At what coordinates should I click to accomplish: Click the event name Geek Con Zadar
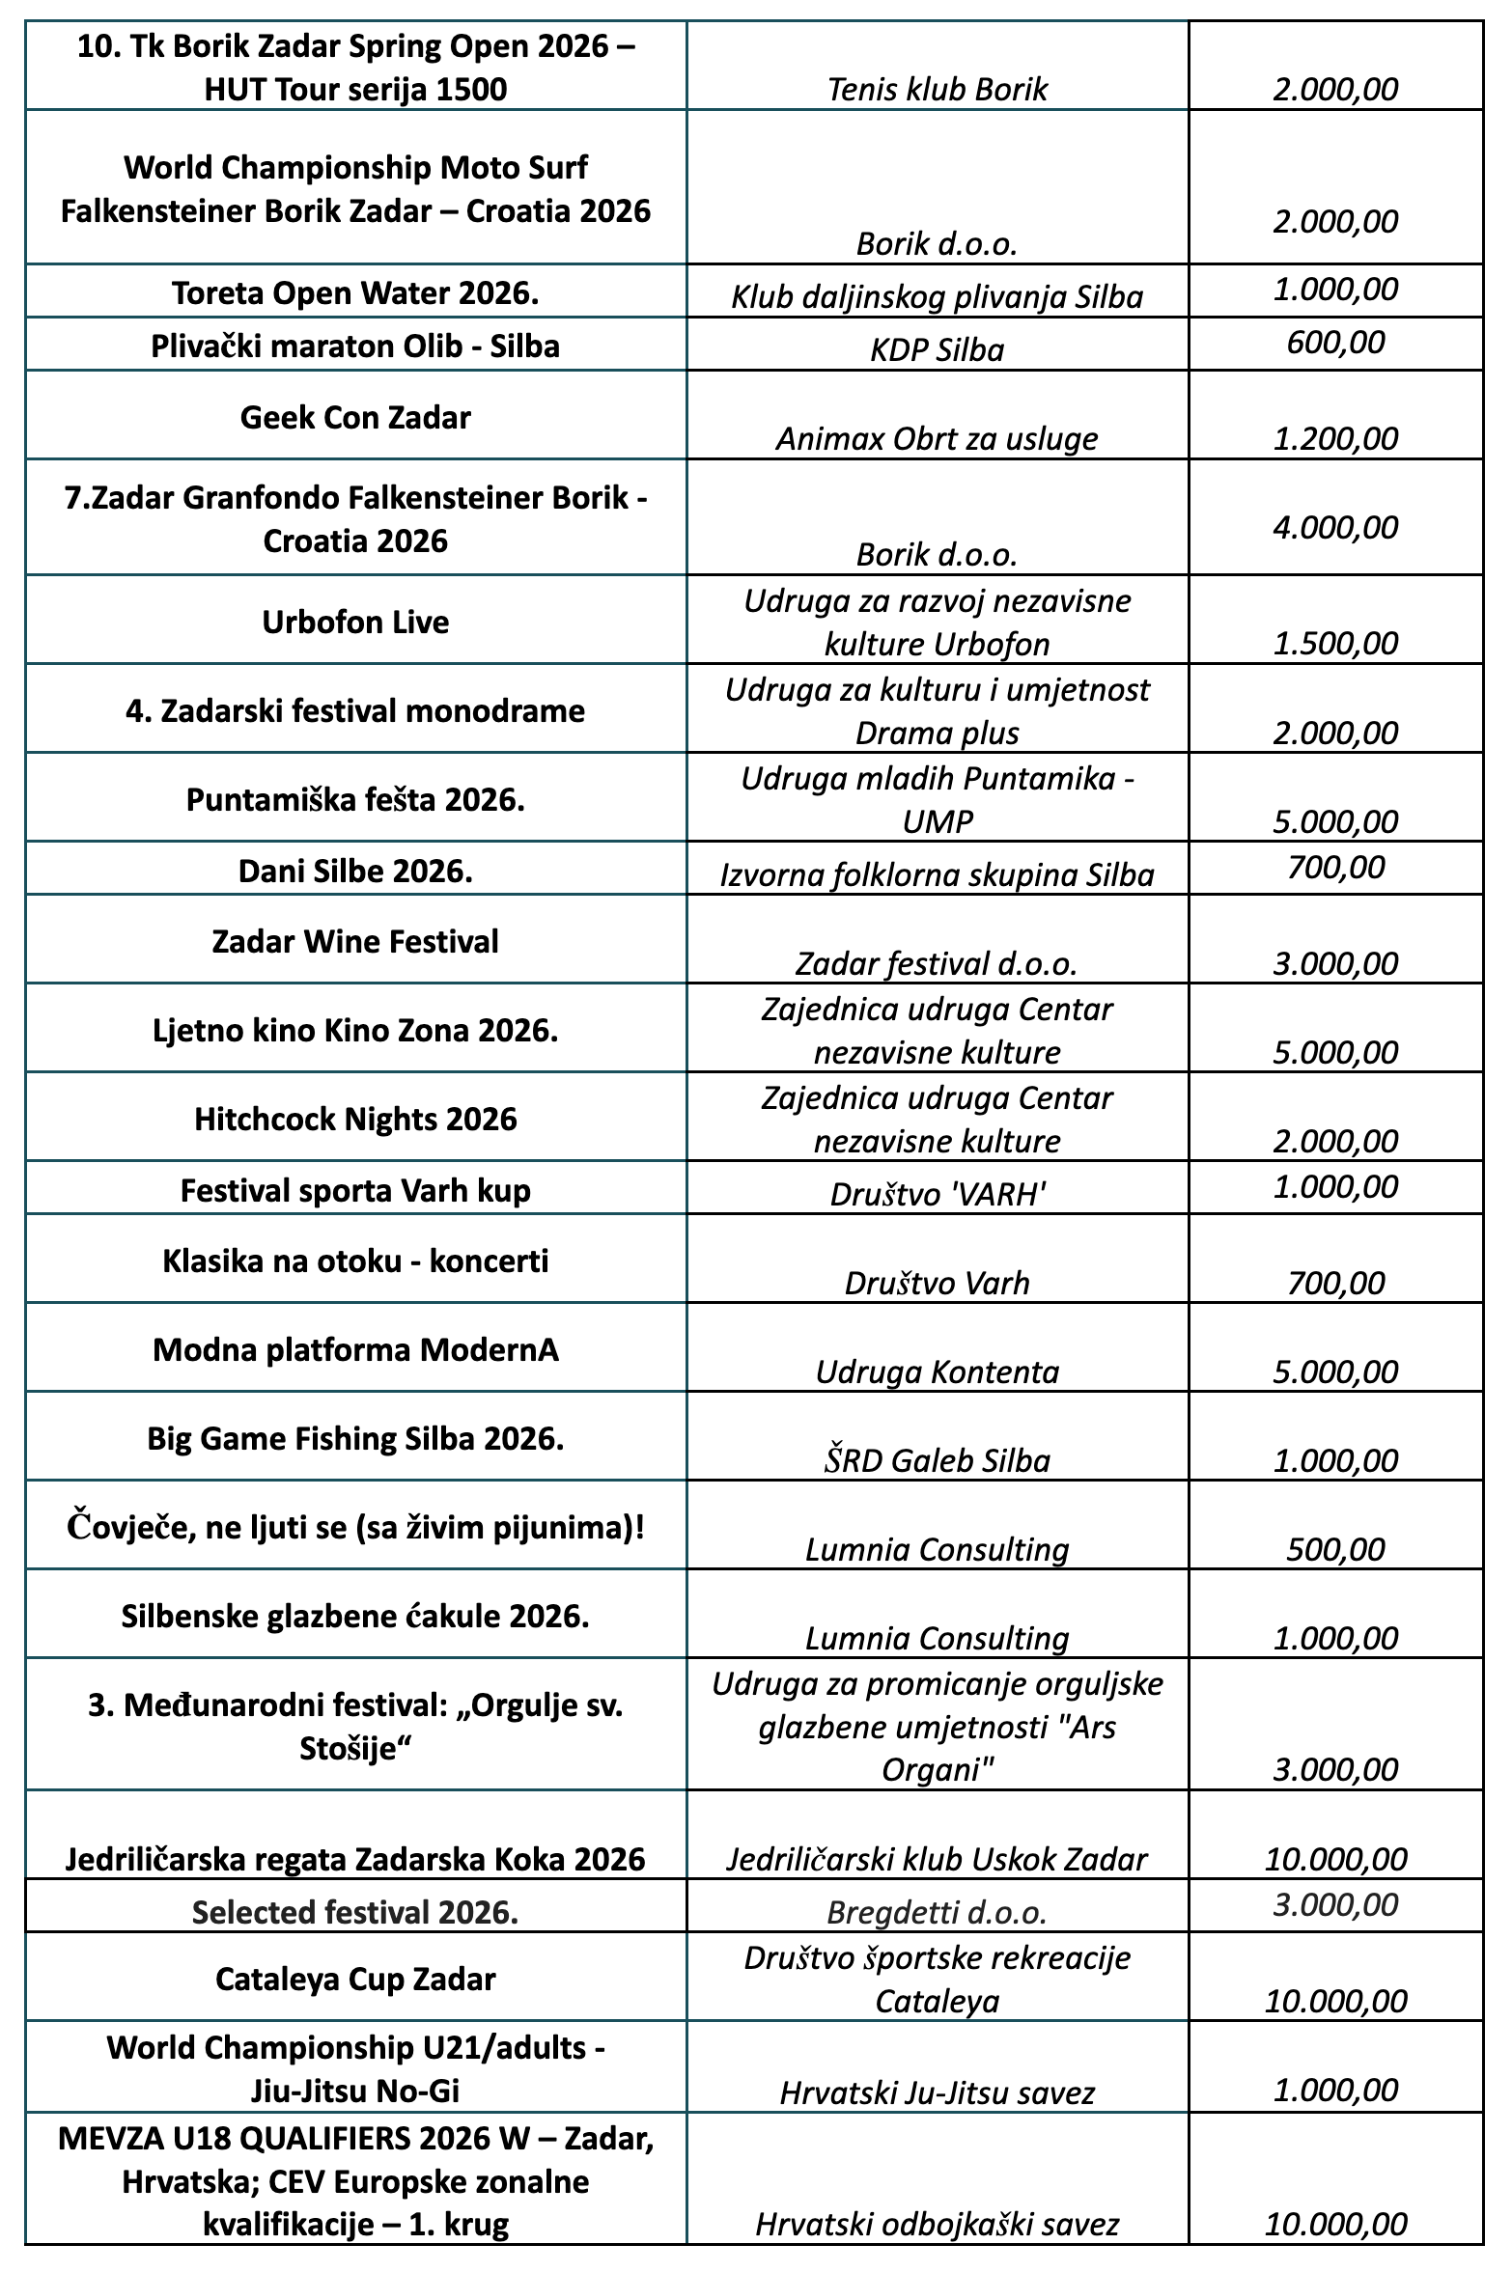click(x=355, y=418)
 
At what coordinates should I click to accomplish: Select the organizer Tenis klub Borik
click(x=937, y=90)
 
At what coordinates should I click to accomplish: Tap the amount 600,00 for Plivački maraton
click(x=1335, y=342)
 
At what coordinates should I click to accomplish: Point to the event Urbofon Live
click(x=355, y=622)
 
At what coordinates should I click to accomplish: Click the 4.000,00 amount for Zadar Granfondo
click(x=1335, y=527)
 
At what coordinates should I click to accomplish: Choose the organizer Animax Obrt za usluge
click(x=937, y=439)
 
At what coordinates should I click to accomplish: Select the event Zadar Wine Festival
click(x=355, y=941)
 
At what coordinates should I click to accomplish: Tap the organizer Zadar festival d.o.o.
click(x=937, y=963)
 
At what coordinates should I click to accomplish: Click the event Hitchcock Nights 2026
click(x=355, y=1119)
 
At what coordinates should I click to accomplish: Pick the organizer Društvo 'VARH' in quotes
click(x=937, y=1195)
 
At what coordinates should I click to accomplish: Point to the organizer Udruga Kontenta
click(x=937, y=1372)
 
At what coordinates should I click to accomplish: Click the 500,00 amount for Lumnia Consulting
click(x=1335, y=1549)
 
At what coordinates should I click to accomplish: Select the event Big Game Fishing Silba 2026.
click(x=355, y=1439)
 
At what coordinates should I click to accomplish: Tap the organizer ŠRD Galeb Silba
click(x=937, y=1460)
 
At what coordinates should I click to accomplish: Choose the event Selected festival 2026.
click(x=355, y=1912)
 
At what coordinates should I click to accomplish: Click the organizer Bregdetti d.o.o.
click(x=937, y=1912)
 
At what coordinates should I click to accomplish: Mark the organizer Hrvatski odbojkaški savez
click(x=937, y=2225)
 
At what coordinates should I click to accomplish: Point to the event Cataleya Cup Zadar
click(x=355, y=1980)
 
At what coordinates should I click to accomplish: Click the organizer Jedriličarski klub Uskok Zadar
click(x=937, y=1860)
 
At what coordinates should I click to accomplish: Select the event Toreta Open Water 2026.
click(x=355, y=293)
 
